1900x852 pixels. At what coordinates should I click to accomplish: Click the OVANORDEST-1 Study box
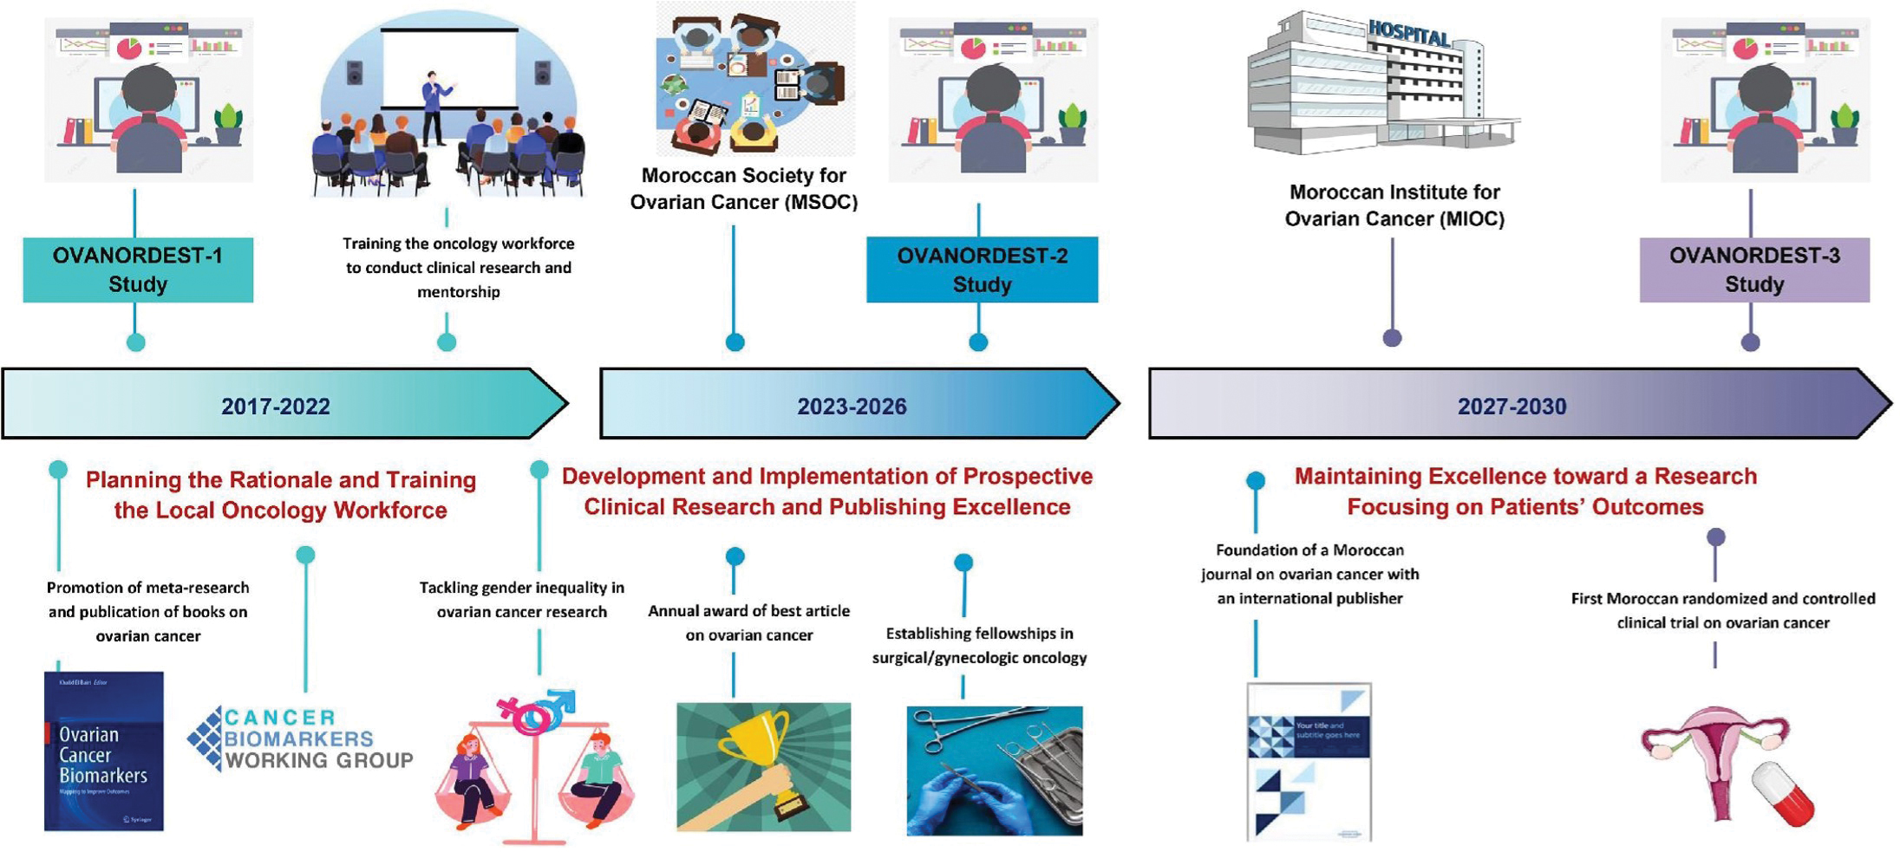click(x=138, y=270)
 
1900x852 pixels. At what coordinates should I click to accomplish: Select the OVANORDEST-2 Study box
click(x=982, y=270)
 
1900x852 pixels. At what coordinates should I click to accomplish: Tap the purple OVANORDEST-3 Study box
click(x=1753, y=270)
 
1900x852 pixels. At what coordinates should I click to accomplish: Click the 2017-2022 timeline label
click(x=275, y=406)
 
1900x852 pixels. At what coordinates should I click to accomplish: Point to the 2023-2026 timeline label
click(x=852, y=406)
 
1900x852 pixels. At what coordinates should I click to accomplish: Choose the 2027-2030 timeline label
click(x=1512, y=406)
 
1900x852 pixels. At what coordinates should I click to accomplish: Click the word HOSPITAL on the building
click(x=1408, y=35)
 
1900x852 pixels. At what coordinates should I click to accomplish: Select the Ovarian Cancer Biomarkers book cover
click(x=104, y=751)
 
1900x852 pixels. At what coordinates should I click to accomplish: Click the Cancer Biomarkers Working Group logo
click(x=300, y=739)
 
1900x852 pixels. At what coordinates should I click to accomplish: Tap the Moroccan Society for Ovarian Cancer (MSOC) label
click(x=743, y=189)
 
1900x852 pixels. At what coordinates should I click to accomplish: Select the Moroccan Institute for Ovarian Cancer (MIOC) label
click(x=1394, y=205)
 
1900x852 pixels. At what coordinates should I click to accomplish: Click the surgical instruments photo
click(x=994, y=771)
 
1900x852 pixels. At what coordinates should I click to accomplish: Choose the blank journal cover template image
click(x=1309, y=761)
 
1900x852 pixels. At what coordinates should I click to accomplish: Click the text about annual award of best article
click(x=748, y=622)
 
